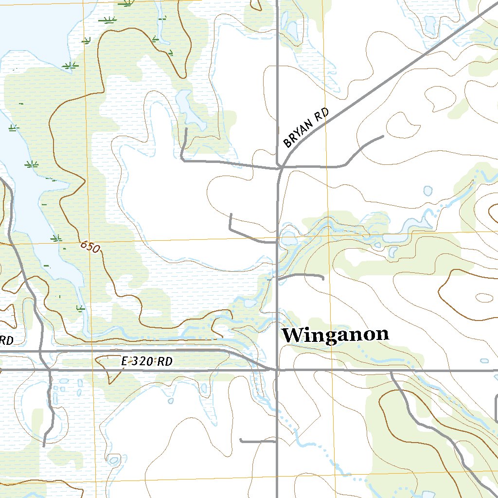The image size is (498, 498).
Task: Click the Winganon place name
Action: (x=336, y=335)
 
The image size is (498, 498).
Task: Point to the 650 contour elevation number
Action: (x=90, y=247)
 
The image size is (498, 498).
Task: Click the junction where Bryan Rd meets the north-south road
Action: (x=282, y=168)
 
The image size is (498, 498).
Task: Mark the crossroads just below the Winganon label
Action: (x=277, y=370)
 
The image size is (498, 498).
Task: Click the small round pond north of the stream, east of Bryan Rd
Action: (x=428, y=191)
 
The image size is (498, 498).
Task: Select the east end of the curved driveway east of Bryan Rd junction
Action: (x=383, y=136)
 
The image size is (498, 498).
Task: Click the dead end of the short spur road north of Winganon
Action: (x=323, y=279)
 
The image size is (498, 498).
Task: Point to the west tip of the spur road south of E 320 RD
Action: (x=241, y=441)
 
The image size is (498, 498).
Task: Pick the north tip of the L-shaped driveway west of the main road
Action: (x=231, y=214)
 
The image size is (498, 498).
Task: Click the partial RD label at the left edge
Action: (x=6, y=340)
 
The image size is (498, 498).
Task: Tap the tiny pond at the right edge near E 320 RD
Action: (x=484, y=361)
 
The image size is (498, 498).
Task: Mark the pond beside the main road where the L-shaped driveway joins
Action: (x=288, y=239)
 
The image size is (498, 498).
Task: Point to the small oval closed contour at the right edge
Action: (x=484, y=297)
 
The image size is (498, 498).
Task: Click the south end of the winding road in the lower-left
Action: (x=44, y=445)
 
